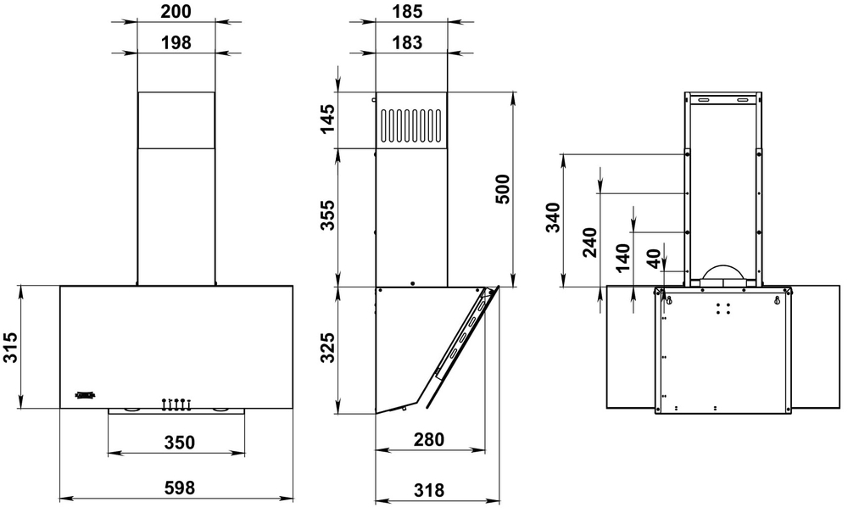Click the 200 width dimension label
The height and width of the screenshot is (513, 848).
point(176,11)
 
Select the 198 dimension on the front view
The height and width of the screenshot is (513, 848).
point(176,42)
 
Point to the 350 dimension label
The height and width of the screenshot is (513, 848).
point(179,442)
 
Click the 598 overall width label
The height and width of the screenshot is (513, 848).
point(179,488)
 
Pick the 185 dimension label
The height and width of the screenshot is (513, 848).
point(410,11)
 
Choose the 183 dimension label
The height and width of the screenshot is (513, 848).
point(410,42)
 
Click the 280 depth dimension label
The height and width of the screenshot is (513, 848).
point(430,441)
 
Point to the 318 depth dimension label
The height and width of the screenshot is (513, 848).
point(430,488)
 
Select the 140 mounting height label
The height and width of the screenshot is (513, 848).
point(623,256)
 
